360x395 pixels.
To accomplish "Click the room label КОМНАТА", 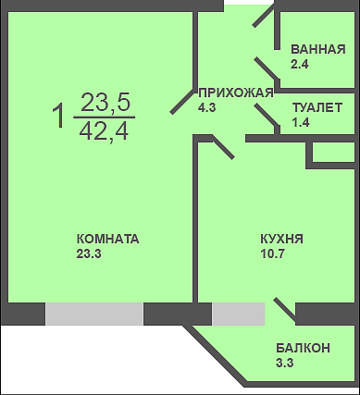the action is (x=107, y=239).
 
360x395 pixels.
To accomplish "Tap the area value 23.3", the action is (x=89, y=254).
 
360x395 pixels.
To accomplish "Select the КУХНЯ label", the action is (x=281, y=239).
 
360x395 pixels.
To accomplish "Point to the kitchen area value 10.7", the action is (x=272, y=254).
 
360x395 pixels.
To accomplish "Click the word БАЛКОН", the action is (x=303, y=348).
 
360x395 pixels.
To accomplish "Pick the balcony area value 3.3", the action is (x=284, y=363).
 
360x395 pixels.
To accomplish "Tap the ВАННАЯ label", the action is (x=318, y=49).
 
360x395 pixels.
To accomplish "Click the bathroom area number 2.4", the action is (x=300, y=65).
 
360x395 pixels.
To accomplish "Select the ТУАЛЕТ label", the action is (x=317, y=107).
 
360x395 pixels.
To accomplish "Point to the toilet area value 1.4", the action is (x=301, y=122).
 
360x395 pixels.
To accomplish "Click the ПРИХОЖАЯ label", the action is (x=236, y=93).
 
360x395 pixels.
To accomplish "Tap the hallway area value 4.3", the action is (x=207, y=107).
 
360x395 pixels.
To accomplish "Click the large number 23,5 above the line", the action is (x=106, y=103).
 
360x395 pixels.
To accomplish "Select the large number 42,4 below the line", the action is (x=104, y=131).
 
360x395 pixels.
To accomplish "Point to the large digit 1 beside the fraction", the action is (x=59, y=116).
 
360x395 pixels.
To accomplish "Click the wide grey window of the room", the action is (x=94, y=314).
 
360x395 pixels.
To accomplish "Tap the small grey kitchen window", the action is (x=238, y=314).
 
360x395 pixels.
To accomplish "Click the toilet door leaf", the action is (x=267, y=116).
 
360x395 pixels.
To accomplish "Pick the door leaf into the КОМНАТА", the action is (x=183, y=100).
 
